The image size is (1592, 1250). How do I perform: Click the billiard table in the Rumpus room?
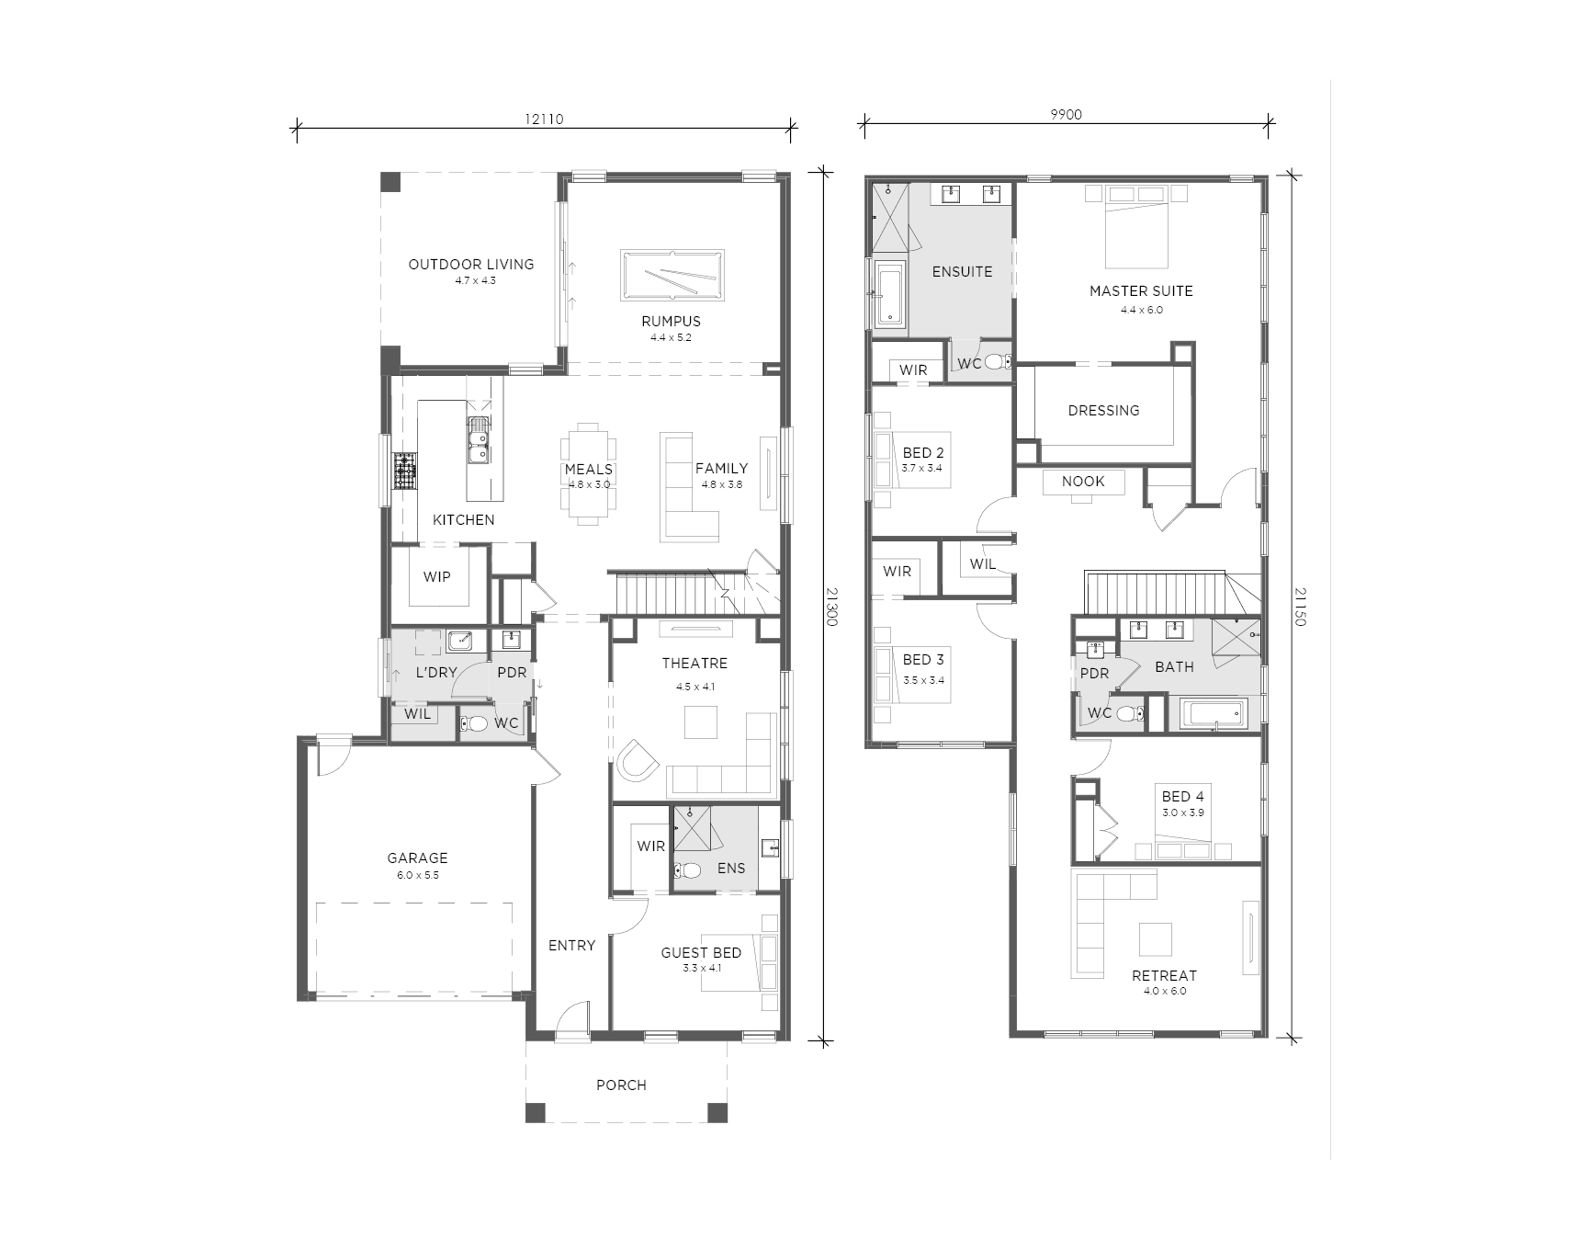[x=672, y=275]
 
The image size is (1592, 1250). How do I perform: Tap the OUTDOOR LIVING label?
[x=471, y=264]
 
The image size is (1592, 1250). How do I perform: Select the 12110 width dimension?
[x=544, y=119]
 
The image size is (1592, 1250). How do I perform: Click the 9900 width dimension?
[x=1066, y=115]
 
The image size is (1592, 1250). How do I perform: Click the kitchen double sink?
[x=479, y=440]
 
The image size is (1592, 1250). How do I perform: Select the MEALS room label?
[x=588, y=469]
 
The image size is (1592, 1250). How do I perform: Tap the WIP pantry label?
[x=436, y=577]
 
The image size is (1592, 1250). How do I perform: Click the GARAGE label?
[x=417, y=858]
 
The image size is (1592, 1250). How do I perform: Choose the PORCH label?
[x=621, y=1085]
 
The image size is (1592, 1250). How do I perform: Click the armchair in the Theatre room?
[x=638, y=760]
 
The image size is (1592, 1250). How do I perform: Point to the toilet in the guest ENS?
[x=687, y=869]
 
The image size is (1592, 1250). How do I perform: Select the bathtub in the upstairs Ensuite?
[x=890, y=294]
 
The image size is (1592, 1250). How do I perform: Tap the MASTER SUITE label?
[x=1141, y=290]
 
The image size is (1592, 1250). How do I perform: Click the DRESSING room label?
[x=1103, y=411]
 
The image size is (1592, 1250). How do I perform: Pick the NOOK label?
[x=1083, y=482]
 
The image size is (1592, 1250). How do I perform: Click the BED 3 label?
[x=923, y=660]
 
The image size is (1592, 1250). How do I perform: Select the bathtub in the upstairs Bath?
[x=1214, y=714]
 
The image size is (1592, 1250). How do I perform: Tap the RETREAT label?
[x=1164, y=976]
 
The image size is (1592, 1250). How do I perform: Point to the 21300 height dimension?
[x=832, y=607]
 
